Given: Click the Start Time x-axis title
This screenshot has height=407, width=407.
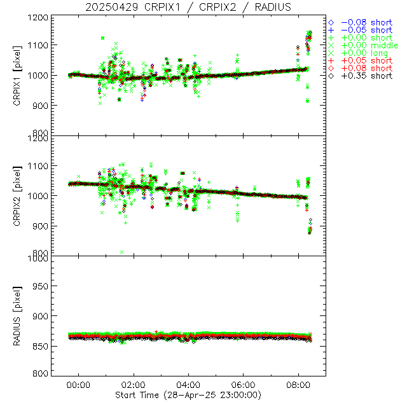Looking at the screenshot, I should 188,395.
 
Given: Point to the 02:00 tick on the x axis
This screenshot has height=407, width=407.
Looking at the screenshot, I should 134,385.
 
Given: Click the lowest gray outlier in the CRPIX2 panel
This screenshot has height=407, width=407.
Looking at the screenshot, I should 121,252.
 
